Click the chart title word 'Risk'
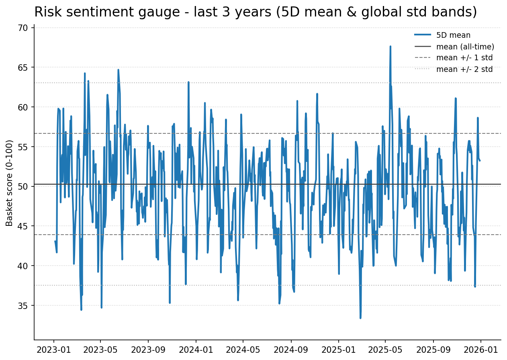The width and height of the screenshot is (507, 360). pos(45,12)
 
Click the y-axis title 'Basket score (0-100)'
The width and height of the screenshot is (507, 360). pos(10,183)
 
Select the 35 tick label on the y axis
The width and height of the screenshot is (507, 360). pos(23,306)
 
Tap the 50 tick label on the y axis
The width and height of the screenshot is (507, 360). pos(23,186)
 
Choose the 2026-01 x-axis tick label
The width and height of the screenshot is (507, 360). pos(481,350)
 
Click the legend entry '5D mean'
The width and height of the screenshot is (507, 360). pos(453,35)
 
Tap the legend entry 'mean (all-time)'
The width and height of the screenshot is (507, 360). pos(465,47)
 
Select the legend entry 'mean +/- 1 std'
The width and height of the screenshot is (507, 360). pos(464,58)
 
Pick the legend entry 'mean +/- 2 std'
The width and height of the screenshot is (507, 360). pos(464,69)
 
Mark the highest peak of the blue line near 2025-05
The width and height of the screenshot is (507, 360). pos(390,46)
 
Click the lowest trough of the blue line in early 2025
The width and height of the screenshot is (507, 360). pos(360,318)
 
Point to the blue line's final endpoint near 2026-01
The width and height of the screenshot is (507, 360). pos(480,161)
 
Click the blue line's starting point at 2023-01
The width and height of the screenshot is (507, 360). pos(55,241)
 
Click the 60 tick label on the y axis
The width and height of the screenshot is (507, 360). pos(23,107)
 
